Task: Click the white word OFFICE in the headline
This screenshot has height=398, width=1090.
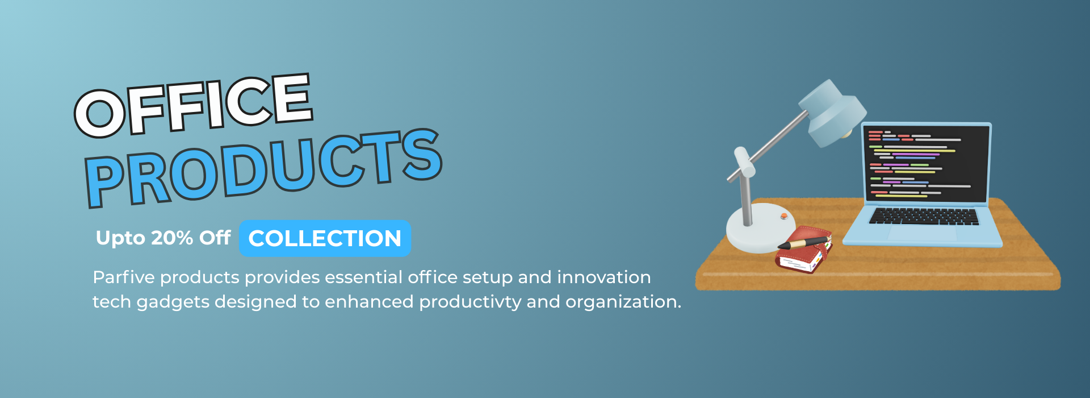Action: [x=194, y=106]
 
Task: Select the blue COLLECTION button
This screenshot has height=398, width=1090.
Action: [x=325, y=238]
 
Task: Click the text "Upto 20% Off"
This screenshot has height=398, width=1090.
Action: [x=163, y=238]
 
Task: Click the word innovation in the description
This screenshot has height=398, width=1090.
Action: [x=604, y=277]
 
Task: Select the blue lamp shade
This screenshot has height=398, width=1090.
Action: [x=832, y=112]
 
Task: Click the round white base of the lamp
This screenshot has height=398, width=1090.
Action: [x=760, y=227]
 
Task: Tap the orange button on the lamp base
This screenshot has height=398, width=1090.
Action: [x=784, y=216]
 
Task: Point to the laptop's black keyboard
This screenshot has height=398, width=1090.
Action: [x=924, y=217]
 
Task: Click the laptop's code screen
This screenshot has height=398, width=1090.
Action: [x=927, y=164]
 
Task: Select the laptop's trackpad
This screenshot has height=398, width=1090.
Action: [x=923, y=233]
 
